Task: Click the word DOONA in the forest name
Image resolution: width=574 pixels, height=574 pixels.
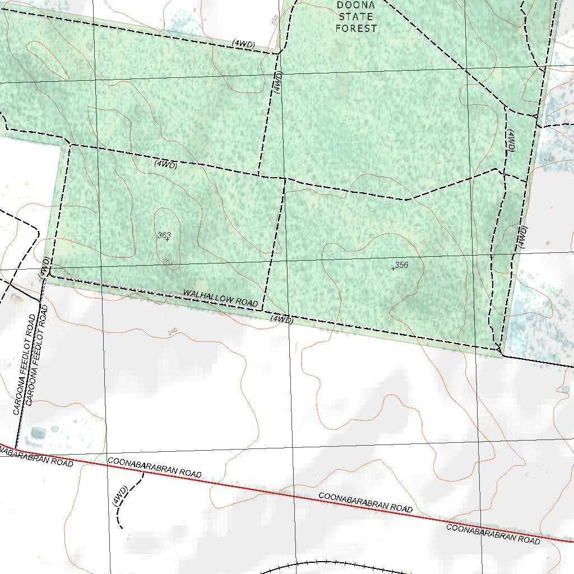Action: pyautogui.click(x=356, y=6)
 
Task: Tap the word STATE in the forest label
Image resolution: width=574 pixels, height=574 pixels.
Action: pyautogui.click(x=356, y=17)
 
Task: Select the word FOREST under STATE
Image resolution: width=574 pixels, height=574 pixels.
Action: pyautogui.click(x=356, y=28)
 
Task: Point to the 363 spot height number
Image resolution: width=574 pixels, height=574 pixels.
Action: pyautogui.click(x=164, y=235)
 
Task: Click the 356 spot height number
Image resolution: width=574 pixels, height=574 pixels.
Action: pyautogui.click(x=401, y=265)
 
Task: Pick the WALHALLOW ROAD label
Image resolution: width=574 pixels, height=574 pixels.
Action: pyautogui.click(x=220, y=298)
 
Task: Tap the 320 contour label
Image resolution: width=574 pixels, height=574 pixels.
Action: pyautogui.click(x=275, y=21)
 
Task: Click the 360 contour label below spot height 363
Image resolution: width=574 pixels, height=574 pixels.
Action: pyautogui.click(x=167, y=261)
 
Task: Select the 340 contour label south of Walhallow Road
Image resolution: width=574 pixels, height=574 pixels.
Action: pyautogui.click(x=172, y=332)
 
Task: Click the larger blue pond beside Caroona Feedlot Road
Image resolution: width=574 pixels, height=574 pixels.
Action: pyautogui.click(x=39, y=433)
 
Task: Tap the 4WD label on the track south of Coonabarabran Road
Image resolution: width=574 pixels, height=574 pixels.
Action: pyautogui.click(x=120, y=496)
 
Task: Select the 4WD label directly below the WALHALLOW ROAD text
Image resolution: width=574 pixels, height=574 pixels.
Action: pyautogui.click(x=281, y=320)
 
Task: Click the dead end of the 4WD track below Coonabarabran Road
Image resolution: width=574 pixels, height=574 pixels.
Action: pyautogui.click(x=122, y=528)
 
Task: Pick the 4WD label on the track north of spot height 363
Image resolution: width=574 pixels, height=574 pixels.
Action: pyautogui.click(x=165, y=165)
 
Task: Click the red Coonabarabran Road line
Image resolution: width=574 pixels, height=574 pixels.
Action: pyautogui.click(x=280, y=492)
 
